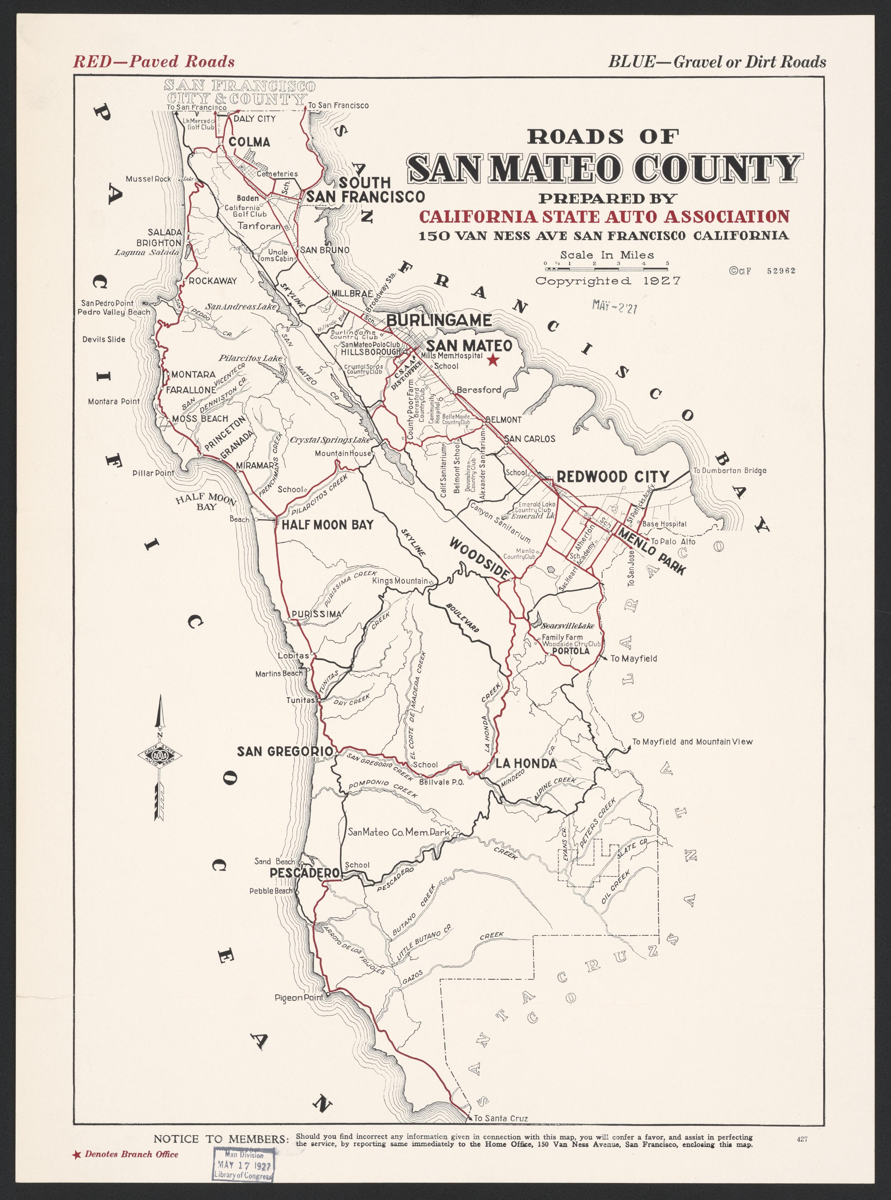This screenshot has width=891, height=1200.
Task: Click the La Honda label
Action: click(x=526, y=764)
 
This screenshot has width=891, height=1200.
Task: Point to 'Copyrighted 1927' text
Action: click(x=608, y=281)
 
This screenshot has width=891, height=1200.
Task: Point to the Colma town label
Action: click(x=249, y=142)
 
